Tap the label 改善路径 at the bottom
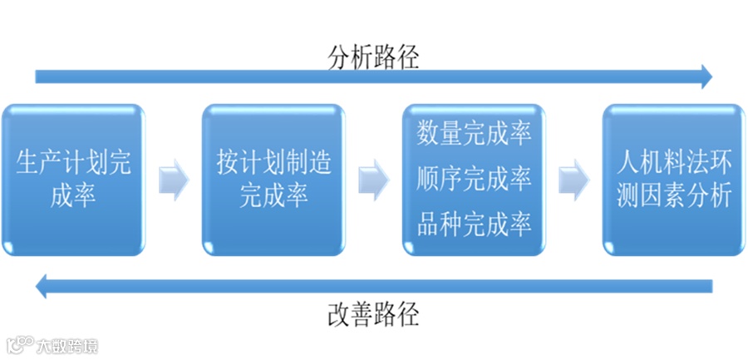pos(373,314)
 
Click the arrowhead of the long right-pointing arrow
pos(706,77)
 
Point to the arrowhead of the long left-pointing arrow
pos(42,287)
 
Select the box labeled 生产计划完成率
pos(73,179)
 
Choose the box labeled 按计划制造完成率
pos(273,179)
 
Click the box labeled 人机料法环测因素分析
pos(674,179)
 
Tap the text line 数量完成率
pos(475,133)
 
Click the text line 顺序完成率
pos(475,178)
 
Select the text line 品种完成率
pos(475,224)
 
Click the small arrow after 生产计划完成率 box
pos(173,179)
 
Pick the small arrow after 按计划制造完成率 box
pos(374,179)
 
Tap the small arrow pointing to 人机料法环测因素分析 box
pos(573,179)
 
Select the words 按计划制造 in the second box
pos(273,162)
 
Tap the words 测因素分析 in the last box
pos(674,195)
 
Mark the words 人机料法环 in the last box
pos(674,162)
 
